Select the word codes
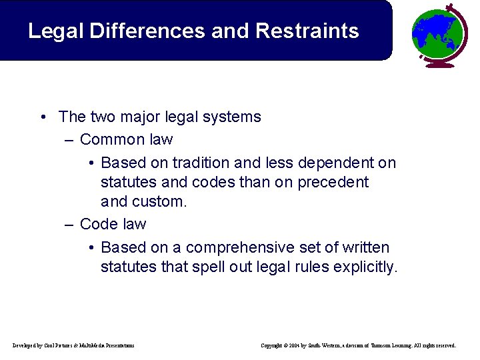[x=199, y=182]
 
